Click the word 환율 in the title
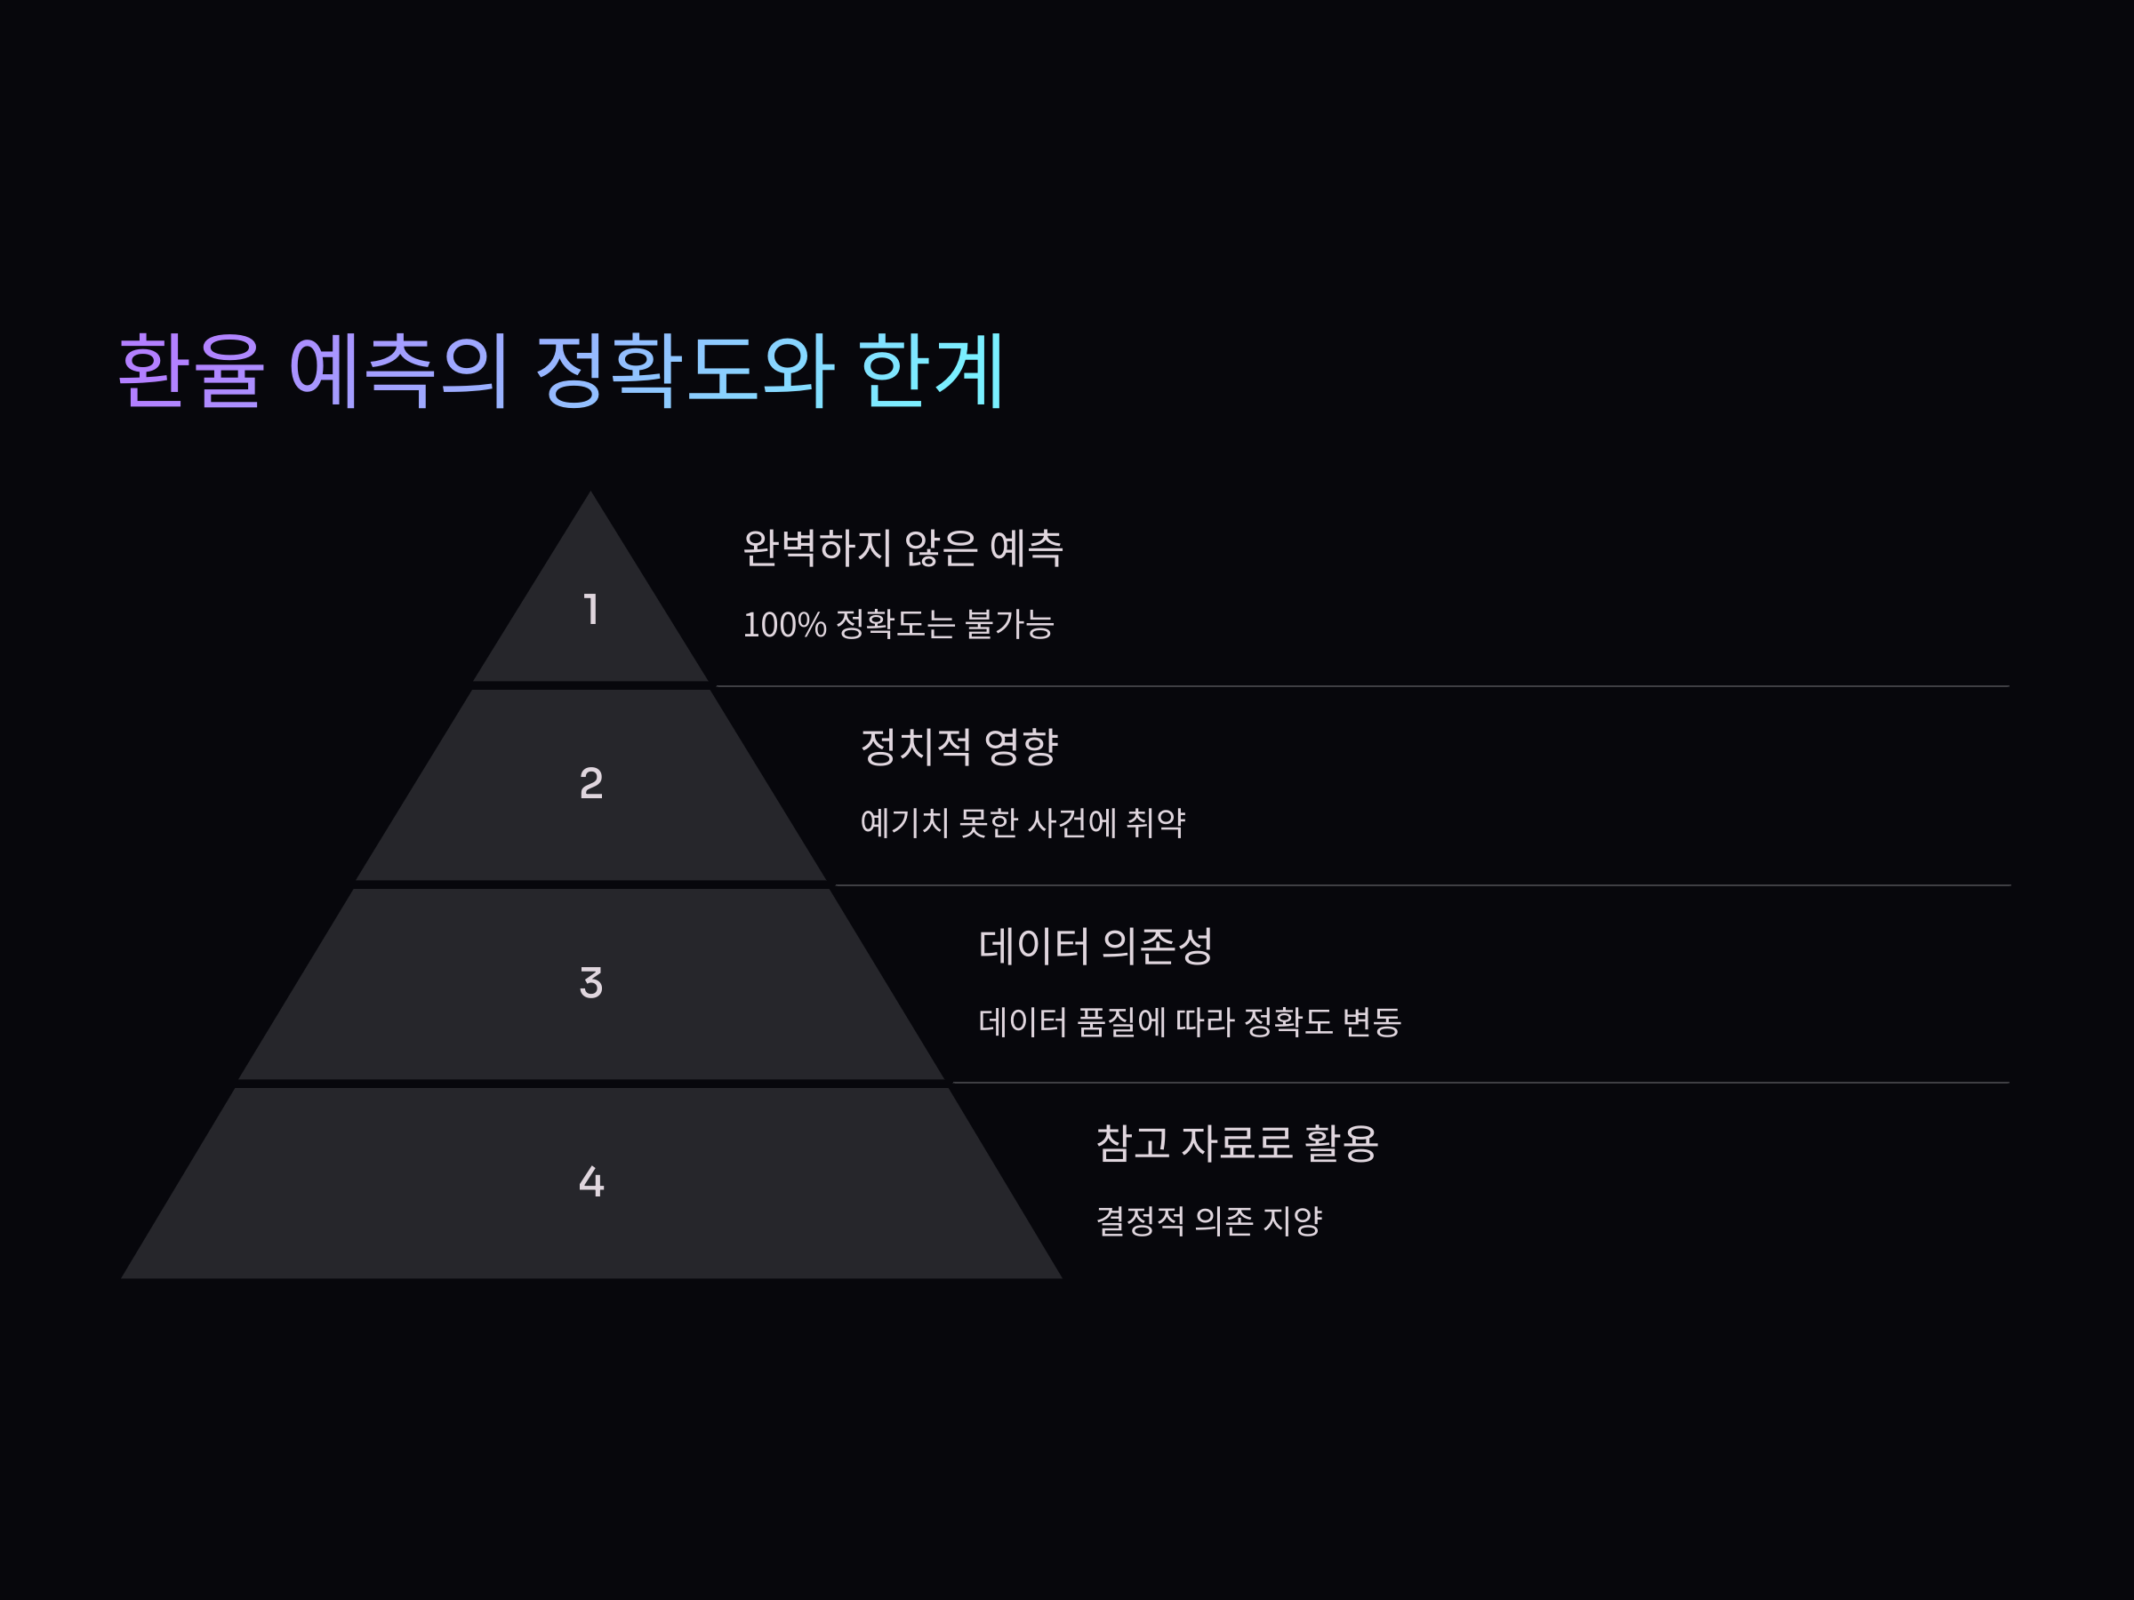coord(190,371)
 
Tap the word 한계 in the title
coord(931,371)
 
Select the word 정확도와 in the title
coord(685,371)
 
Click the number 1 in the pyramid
coord(591,610)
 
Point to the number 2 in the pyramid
coord(591,783)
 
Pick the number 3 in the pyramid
coord(591,983)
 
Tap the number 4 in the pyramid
coord(591,1181)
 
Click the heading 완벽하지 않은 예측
coord(902,548)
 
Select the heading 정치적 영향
coord(959,747)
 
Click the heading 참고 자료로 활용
coord(1237,1144)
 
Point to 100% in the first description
coord(784,625)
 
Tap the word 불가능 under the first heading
coord(1009,624)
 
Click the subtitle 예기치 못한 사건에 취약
coord(1023,822)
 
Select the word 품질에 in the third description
coord(1121,1022)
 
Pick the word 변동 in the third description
coord(1372,1022)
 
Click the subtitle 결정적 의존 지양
coord(1208,1221)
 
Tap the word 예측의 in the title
coord(398,371)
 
